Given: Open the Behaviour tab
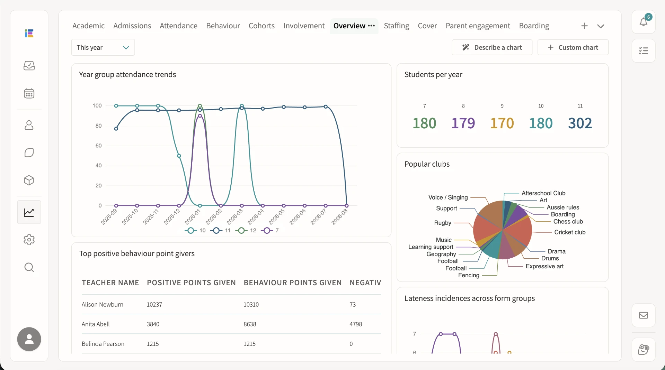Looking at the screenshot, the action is click(223, 26).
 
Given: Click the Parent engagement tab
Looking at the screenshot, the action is click(478, 26).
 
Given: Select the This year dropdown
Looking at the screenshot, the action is click(103, 47).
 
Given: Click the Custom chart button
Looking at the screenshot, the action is click(573, 47).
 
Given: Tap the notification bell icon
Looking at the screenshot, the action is click(644, 22).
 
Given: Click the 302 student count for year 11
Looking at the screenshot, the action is click(580, 123).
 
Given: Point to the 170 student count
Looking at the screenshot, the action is click(502, 123).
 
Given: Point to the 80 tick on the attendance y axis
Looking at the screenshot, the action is click(99, 126).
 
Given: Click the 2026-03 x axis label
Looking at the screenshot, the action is click(235, 216).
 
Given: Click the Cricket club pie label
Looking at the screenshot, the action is click(570, 232).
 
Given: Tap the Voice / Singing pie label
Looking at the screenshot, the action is click(448, 197).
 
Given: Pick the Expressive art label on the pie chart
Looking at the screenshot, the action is click(544, 266).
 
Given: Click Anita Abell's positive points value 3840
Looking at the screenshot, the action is click(153, 324).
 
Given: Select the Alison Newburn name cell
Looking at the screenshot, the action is click(103, 305).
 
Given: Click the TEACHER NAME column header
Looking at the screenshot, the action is click(110, 283).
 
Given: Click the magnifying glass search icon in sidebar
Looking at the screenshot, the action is click(29, 267).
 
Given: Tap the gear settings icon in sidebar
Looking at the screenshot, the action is click(29, 240).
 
